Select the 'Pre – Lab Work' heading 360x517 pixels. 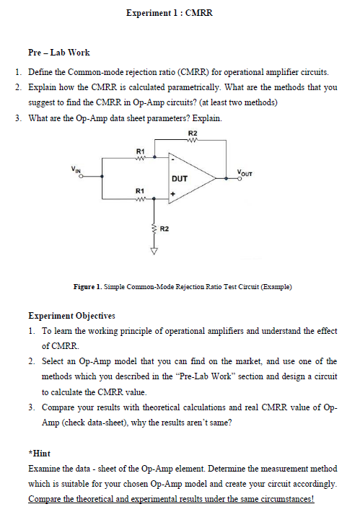(x=58, y=53)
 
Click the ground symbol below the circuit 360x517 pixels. (x=152, y=253)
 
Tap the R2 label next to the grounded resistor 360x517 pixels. (x=164, y=229)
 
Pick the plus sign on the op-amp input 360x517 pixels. (x=173, y=194)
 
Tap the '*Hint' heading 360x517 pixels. (x=38, y=455)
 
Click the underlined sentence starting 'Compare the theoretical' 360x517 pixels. (x=172, y=499)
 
